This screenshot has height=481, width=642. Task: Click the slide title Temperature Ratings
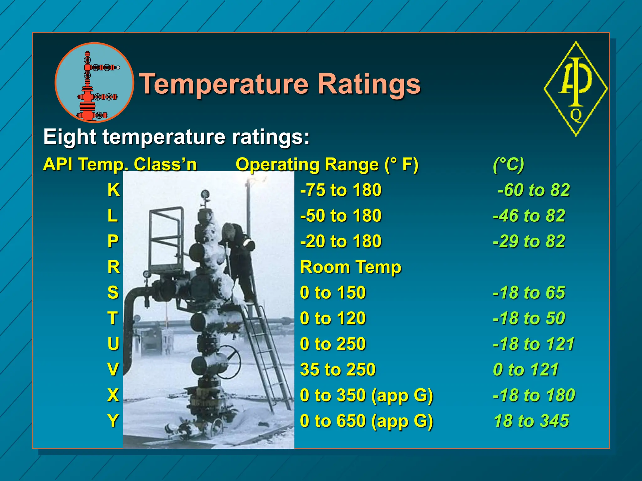[280, 84]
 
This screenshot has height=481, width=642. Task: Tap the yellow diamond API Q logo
[576, 89]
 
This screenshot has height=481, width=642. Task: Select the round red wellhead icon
[94, 83]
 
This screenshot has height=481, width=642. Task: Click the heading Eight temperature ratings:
[176, 137]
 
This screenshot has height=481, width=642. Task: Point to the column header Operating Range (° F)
[327, 164]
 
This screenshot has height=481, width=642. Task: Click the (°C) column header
[508, 164]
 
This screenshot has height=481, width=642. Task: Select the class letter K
[113, 190]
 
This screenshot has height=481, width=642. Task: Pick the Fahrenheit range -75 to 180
[341, 190]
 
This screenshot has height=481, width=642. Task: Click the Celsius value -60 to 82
[534, 190]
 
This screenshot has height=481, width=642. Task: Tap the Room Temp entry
[350, 267]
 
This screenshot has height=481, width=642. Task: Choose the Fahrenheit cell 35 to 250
[338, 370]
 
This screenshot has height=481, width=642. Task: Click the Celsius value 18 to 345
[531, 421]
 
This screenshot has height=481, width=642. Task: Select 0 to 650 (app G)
[366, 421]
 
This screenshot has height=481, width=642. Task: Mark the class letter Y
[113, 421]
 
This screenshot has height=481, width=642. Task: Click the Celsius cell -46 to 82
[529, 216]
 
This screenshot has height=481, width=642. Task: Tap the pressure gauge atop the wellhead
[205, 194]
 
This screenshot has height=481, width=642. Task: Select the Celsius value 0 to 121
[526, 370]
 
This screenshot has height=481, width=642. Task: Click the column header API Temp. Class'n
[120, 164]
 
